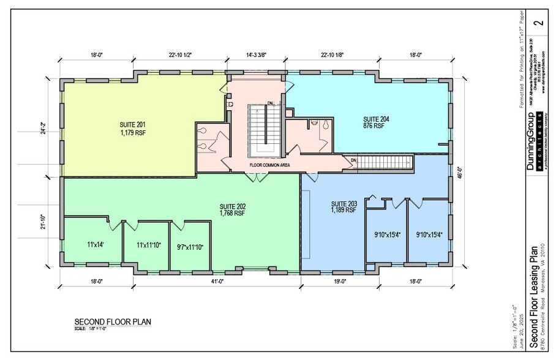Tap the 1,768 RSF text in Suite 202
click(x=232, y=214)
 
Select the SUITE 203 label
click(x=344, y=204)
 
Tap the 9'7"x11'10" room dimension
click(x=190, y=247)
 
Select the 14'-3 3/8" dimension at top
click(x=256, y=55)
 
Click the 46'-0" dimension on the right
click(x=467, y=173)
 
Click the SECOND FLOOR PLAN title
click(x=113, y=321)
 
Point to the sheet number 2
click(x=538, y=23)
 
